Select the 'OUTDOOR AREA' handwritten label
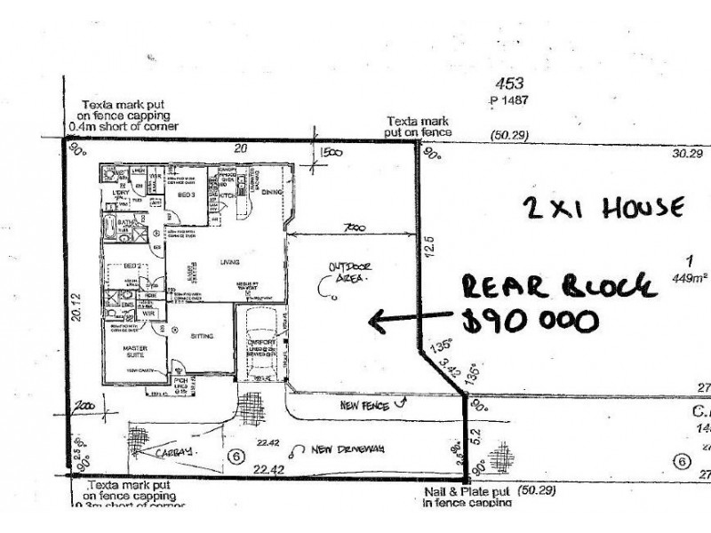pos(348,272)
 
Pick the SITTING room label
pos(201,336)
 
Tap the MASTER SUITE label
pos(124,351)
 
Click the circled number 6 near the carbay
pos(236,456)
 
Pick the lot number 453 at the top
pos(509,84)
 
